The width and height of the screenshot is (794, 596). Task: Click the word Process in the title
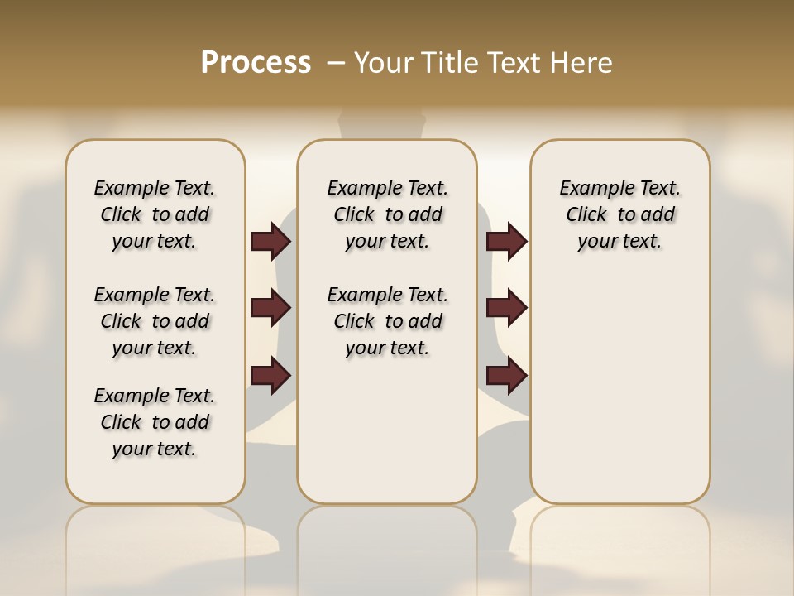[256, 62]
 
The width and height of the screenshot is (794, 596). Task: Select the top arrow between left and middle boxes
[270, 242]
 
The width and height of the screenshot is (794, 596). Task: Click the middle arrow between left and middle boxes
[270, 309]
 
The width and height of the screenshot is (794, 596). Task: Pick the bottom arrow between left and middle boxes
[270, 375]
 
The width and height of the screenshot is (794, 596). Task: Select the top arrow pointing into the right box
[506, 242]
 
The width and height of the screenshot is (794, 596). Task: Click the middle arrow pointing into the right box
[506, 309]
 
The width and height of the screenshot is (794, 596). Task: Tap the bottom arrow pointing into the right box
[506, 375]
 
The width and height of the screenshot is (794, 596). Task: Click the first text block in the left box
[155, 214]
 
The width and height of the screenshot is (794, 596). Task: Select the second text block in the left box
[155, 321]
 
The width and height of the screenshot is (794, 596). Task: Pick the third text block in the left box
[155, 422]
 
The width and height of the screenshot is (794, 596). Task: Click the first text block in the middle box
[388, 214]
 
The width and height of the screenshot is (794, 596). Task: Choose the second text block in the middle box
[388, 321]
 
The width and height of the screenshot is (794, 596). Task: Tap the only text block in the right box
[620, 214]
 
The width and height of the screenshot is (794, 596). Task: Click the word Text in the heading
[514, 63]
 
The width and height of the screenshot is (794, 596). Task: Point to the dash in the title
[336, 63]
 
